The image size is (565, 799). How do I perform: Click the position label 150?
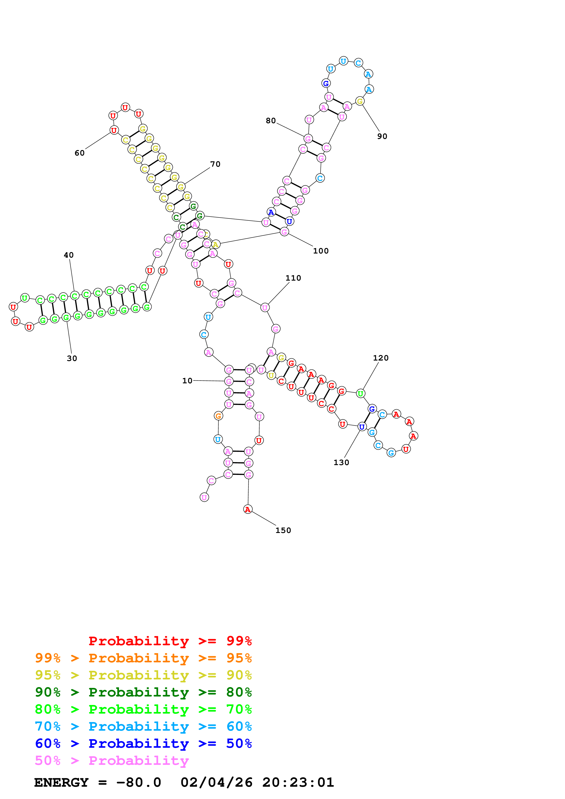click(283, 530)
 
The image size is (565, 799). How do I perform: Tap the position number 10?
click(187, 381)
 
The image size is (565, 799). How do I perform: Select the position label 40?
click(69, 255)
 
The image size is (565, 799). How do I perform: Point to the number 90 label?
click(382, 136)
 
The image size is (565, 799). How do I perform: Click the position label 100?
click(321, 251)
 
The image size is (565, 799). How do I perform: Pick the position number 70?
click(215, 164)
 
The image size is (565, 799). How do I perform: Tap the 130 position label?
click(341, 463)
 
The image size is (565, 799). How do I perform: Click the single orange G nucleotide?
click(218, 416)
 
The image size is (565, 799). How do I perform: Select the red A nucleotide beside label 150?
click(248, 510)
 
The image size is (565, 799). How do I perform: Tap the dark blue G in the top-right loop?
click(326, 84)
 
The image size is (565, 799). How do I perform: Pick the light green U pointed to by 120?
click(361, 394)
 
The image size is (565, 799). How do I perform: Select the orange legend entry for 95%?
click(143, 658)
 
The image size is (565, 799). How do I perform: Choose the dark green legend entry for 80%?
click(143, 692)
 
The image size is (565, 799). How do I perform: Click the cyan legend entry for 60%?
click(143, 726)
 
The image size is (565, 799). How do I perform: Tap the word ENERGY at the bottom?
click(61, 783)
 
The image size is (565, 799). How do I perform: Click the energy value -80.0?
click(139, 783)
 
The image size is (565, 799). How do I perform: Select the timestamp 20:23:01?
click(298, 783)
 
